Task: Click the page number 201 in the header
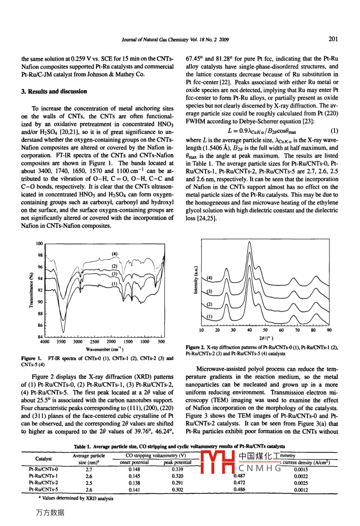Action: click(x=333, y=39)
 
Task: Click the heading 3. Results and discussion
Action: click(x=54, y=91)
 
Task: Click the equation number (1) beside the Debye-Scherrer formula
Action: click(x=334, y=131)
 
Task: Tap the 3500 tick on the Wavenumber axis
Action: click(x=61, y=342)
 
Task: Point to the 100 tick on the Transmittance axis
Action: click(x=39, y=243)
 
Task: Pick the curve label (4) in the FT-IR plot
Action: click(x=114, y=254)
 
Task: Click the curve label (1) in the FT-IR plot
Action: click(x=114, y=283)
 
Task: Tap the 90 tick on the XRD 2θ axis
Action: click(x=329, y=330)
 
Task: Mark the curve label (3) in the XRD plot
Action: click(x=209, y=291)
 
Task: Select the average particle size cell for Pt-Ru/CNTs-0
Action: click(x=88, y=470)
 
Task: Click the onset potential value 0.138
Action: click(x=134, y=483)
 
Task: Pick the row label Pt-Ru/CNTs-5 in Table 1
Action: click(x=43, y=490)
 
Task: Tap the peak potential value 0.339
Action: click(x=178, y=470)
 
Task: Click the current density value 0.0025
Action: click(x=301, y=483)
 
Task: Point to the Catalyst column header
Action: click(x=43, y=459)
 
